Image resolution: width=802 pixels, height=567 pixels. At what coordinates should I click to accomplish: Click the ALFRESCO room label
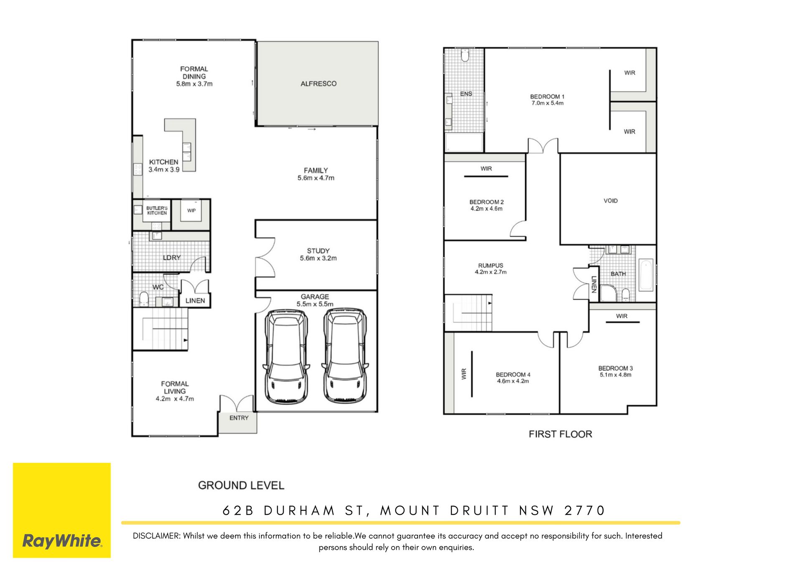tap(318, 84)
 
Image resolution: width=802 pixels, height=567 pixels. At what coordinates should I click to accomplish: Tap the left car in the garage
tap(287, 356)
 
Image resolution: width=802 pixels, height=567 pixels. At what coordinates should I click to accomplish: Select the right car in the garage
tap(345, 356)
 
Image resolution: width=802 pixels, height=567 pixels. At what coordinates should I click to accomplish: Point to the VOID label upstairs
tap(610, 201)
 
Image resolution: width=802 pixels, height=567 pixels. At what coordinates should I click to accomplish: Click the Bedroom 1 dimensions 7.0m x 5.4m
tap(547, 103)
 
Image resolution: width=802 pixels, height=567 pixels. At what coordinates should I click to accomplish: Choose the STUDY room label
tap(318, 251)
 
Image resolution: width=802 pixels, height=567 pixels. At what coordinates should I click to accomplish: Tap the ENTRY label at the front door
tap(239, 418)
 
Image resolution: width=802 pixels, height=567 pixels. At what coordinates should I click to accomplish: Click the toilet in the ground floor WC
tap(144, 299)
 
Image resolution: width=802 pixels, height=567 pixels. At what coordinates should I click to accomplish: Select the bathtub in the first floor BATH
tap(646, 275)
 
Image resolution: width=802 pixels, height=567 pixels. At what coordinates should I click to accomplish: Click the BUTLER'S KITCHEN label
tap(157, 210)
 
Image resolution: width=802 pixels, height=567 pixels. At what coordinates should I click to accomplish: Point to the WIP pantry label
tap(191, 210)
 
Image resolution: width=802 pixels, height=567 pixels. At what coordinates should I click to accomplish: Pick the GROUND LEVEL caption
tap(241, 486)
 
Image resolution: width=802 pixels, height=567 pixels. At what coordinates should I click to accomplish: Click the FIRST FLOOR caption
tap(560, 434)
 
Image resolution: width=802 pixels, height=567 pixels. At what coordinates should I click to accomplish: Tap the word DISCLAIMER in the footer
tap(156, 536)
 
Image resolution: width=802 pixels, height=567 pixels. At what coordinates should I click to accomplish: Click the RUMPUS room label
tap(490, 265)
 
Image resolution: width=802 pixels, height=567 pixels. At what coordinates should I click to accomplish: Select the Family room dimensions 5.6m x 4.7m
tap(316, 178)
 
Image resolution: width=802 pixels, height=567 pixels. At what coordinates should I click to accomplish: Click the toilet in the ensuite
tap(465, 55)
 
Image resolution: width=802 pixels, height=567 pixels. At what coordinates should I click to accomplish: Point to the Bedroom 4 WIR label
tap(463, 374)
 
